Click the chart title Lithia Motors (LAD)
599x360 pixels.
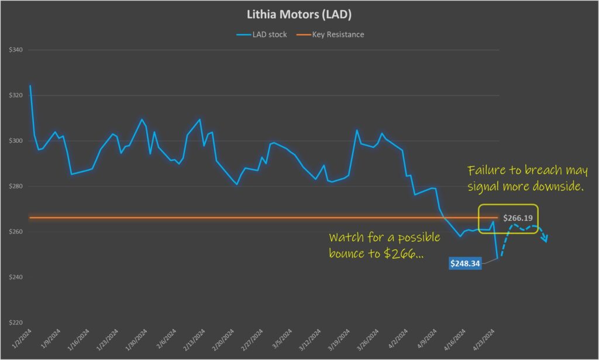coord(299,14)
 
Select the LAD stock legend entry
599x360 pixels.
coord(262,35)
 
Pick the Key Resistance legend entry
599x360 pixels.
coord(332,35)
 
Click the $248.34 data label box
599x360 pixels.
coord(465,264)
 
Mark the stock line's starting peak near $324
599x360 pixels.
coord(30,86)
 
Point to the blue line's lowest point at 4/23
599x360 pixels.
coord(497,258)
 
